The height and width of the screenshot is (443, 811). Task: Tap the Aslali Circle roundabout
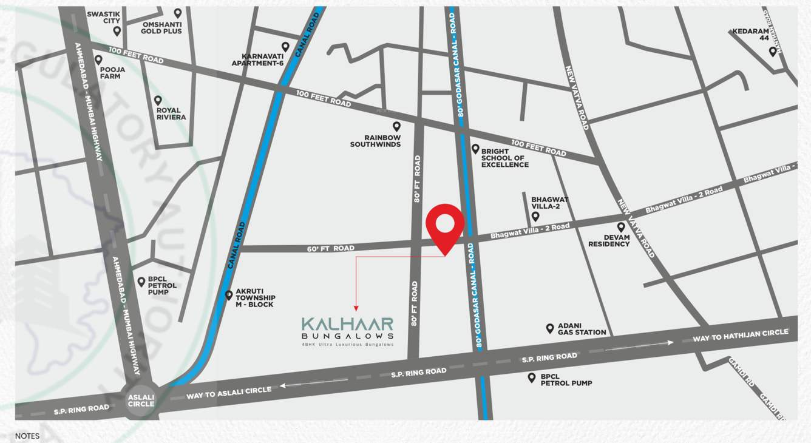141,401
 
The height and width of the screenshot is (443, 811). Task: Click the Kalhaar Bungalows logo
348,328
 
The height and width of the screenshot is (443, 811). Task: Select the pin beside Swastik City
117,31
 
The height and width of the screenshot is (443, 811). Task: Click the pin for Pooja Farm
98,60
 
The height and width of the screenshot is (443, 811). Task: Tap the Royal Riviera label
171,113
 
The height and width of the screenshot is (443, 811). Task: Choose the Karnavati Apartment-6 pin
285,47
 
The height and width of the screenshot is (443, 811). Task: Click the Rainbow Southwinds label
375,141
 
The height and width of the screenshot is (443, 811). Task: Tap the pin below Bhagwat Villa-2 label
535,216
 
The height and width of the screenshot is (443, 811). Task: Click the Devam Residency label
609,240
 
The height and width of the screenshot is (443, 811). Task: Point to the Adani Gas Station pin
550,328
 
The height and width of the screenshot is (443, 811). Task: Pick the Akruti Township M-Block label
255,301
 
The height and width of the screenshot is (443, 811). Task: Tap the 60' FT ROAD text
330,248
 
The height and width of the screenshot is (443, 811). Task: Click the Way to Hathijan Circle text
740,335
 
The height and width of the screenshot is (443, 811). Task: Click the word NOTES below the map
27,436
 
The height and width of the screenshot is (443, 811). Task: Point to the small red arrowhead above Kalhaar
356,308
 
